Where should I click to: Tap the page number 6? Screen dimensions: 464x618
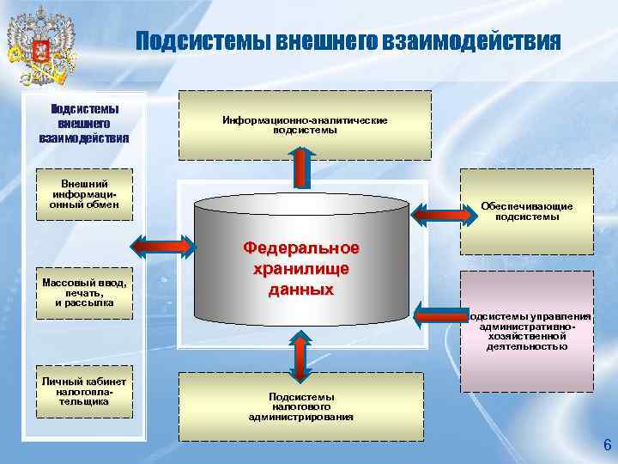pos(607,445)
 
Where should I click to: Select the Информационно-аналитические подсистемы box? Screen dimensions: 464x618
pos(305,125)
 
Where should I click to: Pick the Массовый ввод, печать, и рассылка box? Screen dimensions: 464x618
pos(84,291)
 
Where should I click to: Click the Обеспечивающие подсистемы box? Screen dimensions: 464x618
pos(526,211)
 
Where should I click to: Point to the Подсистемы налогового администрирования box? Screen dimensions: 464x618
pos(300,406)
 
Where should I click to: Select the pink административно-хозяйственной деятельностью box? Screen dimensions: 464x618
pos(526,330)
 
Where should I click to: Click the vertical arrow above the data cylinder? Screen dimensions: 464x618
pos(302,168)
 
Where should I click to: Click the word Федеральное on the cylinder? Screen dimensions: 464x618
pos(301,248)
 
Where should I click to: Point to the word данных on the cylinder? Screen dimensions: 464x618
pos(300,290)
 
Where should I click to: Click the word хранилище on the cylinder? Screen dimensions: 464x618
pos(300,269)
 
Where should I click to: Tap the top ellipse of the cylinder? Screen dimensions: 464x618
pos(300,204)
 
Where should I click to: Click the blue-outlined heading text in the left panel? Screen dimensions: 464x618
pos(84,124)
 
